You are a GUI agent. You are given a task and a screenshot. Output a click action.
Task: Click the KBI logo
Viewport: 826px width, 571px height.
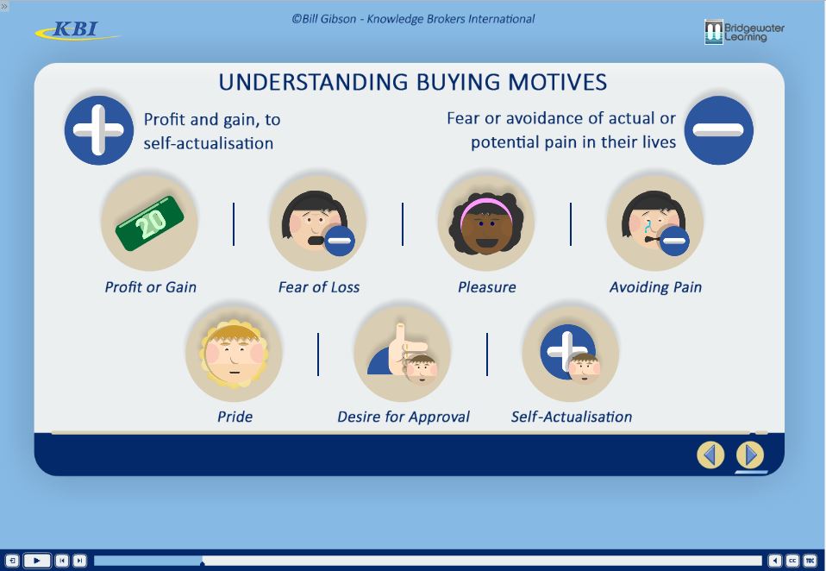77,30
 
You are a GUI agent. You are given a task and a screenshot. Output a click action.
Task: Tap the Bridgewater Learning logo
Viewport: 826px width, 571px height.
744,32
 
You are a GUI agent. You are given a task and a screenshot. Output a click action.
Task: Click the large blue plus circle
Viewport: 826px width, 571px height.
98,130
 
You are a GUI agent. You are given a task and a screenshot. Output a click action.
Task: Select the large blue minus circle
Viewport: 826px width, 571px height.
718,130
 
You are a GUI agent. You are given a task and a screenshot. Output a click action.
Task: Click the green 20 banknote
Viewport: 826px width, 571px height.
150,223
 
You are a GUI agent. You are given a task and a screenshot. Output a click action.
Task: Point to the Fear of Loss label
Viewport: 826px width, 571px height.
319,287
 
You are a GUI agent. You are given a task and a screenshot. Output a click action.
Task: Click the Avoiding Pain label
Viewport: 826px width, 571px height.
655,287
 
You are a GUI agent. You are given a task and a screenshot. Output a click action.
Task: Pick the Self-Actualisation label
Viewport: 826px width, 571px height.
572,417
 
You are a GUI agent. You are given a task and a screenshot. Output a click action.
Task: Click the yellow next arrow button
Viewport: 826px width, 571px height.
749,455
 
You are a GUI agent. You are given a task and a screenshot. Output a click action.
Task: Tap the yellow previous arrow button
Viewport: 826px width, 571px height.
710,455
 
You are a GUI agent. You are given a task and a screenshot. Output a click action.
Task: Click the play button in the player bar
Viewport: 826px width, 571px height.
37,561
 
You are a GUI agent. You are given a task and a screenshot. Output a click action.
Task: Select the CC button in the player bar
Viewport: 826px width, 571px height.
792,561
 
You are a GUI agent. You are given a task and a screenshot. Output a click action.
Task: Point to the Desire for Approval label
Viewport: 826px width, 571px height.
403,417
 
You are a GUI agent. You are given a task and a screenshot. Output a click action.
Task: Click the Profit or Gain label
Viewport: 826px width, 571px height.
150,287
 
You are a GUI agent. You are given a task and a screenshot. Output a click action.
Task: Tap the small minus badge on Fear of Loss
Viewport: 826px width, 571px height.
340,241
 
